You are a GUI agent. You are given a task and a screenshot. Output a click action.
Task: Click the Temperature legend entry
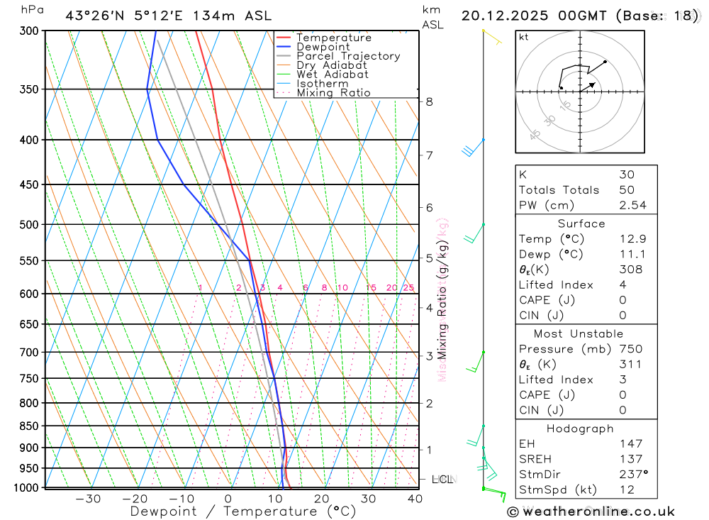[333, 38]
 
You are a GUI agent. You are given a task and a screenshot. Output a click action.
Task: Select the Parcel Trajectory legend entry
[347, 56]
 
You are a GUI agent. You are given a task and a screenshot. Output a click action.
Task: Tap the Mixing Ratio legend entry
[333, 93]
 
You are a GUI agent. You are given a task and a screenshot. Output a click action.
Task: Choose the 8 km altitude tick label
[430, 101]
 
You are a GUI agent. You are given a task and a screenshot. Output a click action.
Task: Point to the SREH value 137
[630, 459]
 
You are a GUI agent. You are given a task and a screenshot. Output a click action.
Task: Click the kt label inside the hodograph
[524, 37]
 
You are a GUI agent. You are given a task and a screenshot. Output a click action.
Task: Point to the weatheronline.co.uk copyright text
[591, 511]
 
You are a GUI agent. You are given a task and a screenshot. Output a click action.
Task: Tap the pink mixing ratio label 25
[408, 287]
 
